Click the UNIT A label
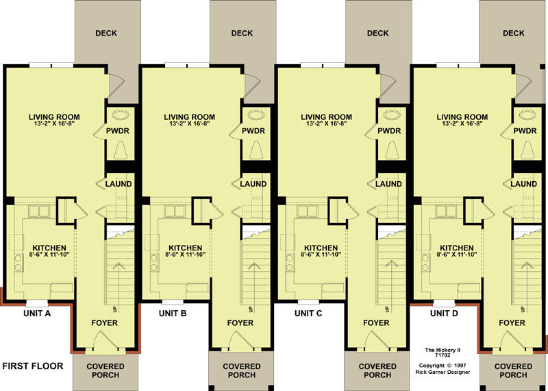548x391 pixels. pyautogui.click(x=37, y=313)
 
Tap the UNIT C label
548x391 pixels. pyautogui.click(x=308, y=313)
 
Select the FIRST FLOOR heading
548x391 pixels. pyautogui.click(x=33, y=366)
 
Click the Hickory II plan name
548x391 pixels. pyautogui.click(x=443, y=350)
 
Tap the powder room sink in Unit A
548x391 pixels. pyautogui.click(x=120, y=115)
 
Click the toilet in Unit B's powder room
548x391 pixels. pyautogui.click(x=257, y=150)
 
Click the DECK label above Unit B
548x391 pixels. pyautogui.click(x=242, y=33)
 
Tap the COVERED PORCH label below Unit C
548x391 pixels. pyautogui.click(x=377, y=370)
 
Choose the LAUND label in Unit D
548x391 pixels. pyautogui.click(x=524, y=184)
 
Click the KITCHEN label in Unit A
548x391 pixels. pyautogui.click(x=49, y=248)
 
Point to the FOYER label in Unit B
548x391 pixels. pyautogui.click(x=240, y=322)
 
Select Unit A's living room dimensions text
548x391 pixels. pyautogui.click(x=52, y=123)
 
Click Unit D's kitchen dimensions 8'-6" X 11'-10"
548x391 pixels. pyautogui.click(x=457, y=254)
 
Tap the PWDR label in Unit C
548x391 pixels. pyautogui.click(x=389, y=131)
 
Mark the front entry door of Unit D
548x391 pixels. pyautogui.click(x=512, y=340)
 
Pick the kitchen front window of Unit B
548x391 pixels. pyautogui.click(x=173, y=303)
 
